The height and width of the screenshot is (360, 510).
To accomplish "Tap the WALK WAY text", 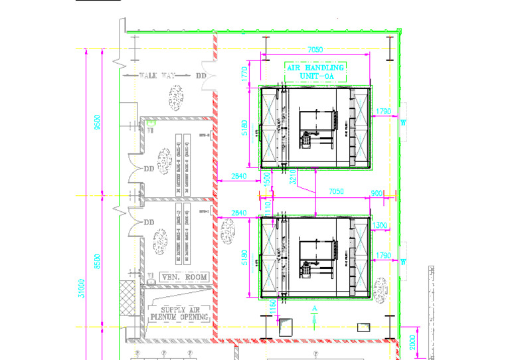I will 157,76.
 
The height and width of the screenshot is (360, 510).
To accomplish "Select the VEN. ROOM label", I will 181,277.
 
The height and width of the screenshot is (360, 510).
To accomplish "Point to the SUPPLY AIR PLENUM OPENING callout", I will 181,313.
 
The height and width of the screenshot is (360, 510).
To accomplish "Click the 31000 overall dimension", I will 82,288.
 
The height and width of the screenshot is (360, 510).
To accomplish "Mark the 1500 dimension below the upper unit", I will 266,177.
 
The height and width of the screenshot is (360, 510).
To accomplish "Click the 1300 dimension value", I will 380,226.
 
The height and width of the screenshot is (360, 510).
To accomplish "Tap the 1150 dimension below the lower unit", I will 273,307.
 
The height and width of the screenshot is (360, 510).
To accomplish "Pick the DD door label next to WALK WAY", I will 201,76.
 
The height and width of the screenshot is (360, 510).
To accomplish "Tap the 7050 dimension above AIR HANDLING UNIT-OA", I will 315,50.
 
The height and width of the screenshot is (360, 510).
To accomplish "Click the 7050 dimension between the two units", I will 337,191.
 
